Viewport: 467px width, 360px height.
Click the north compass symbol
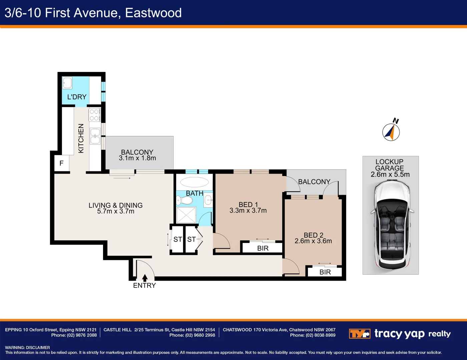(x=391, y=132)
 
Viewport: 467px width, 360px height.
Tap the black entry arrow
(x=145, y=278)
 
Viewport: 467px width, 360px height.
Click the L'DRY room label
(x=77, y=97)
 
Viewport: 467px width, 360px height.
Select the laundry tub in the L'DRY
(x=67, y=83)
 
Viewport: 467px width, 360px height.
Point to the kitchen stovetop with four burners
(x=94, y=115)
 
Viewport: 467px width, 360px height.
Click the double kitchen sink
(x=95, y=136)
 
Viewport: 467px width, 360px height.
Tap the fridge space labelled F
(x=61, y=163)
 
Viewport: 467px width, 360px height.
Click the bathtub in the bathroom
(x=194, y=182)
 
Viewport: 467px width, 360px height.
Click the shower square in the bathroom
(x=186, y=215)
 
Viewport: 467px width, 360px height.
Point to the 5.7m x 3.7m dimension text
(x=116, y=211)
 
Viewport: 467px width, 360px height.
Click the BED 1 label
(x=248, y=205)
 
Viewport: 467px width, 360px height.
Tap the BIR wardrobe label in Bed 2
(x=325, y=272)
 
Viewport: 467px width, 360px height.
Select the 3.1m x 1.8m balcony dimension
(x=137, y=158)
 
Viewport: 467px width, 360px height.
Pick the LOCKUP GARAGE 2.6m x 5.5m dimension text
(x=390, y=174)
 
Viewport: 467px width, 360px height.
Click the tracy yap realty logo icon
(x=359, y=334)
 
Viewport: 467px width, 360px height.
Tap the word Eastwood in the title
(x=153, y=13)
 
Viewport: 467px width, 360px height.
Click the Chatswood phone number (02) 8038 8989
(x=320, y=335)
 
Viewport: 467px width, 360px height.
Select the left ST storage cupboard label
(x=177, y=239)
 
